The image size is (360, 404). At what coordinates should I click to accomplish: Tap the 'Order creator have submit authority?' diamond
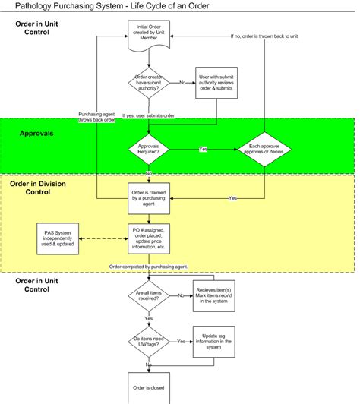click(149, 83)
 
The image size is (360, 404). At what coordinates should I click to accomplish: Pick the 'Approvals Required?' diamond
click(149, 150)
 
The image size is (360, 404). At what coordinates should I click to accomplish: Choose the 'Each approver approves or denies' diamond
click(265, 150)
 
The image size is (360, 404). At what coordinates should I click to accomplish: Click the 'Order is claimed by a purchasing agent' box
click(149, 197)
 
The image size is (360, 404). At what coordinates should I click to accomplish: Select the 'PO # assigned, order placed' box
click(149, 238)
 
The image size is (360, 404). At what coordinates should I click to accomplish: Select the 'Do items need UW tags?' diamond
click(149, 342)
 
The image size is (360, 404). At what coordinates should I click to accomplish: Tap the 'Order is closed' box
click(149, 387)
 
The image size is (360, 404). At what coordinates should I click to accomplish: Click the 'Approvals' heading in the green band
click(38, 134)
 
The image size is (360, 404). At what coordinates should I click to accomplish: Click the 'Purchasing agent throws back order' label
click(98, 118)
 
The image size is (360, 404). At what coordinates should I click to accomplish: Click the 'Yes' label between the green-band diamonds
click(203, 149)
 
